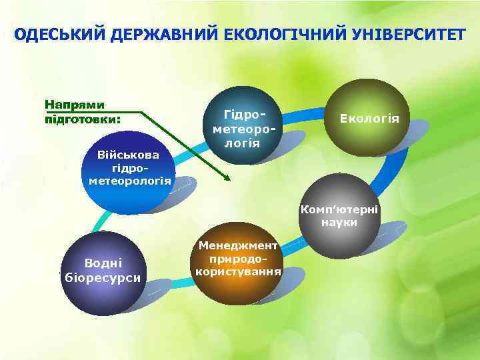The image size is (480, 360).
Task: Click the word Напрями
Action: pos(74,106)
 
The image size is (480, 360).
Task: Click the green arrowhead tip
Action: pos(229,179)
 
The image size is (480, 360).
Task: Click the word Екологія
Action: pos(369,119)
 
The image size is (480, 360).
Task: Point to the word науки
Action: pos(338,223)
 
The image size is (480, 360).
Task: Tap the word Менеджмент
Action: pos(238,245)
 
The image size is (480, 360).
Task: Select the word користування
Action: pos(237,272)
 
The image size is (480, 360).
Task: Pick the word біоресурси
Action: pos(101,277)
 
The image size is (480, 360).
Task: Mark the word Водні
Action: pos(102,264)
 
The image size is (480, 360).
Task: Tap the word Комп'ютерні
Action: pos(339,209)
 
